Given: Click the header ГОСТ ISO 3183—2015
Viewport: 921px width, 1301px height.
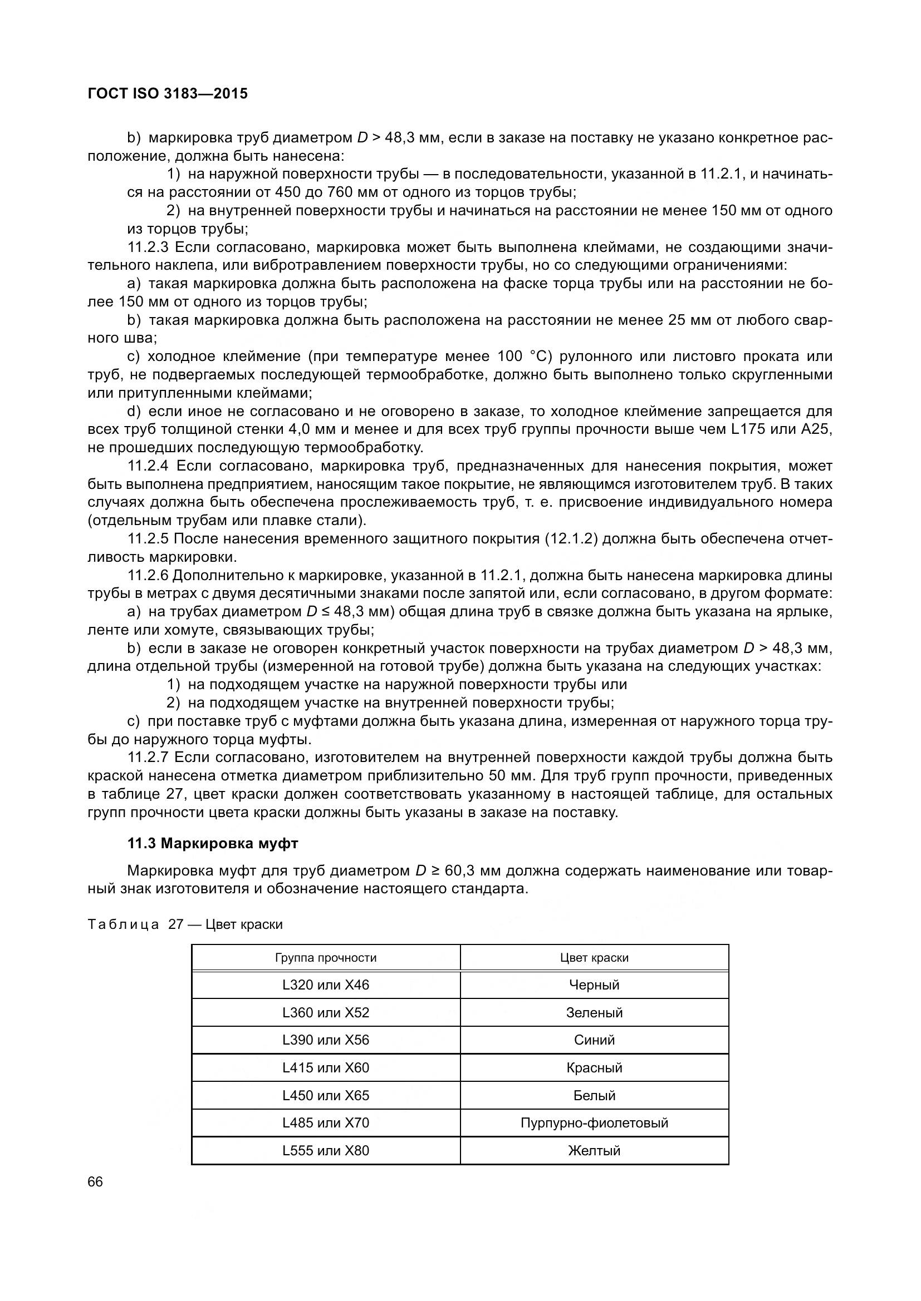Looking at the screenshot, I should coord(168,93).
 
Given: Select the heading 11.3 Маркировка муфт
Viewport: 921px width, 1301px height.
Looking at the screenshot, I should coord(213,844).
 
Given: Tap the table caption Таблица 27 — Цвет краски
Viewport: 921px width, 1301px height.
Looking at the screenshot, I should coord(185,924).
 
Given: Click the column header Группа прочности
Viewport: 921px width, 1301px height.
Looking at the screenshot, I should coord(326,958).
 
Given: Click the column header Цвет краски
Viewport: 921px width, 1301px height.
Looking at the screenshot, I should coord(594,958).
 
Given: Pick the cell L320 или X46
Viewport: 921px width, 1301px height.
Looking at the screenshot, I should coord(326,985).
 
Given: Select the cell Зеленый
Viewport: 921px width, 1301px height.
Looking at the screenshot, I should coord(594,1012).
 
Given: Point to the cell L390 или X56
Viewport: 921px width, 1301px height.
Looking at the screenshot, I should coord(326,1040).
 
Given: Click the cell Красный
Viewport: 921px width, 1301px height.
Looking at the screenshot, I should coord(594,1067).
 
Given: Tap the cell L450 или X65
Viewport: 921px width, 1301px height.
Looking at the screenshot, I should coord(326,1095).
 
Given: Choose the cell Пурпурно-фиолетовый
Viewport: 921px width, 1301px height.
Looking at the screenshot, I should coord(594,1122).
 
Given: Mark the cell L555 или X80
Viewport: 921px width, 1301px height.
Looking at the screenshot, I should coord(326,1150).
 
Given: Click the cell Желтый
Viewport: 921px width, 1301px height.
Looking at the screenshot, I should coord(594,1150).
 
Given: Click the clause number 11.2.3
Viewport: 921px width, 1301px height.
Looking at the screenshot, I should coord(148,247).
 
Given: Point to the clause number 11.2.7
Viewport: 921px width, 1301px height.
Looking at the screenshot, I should coord(148,757).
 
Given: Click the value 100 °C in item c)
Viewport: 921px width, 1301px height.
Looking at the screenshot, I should coord(525,357).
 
